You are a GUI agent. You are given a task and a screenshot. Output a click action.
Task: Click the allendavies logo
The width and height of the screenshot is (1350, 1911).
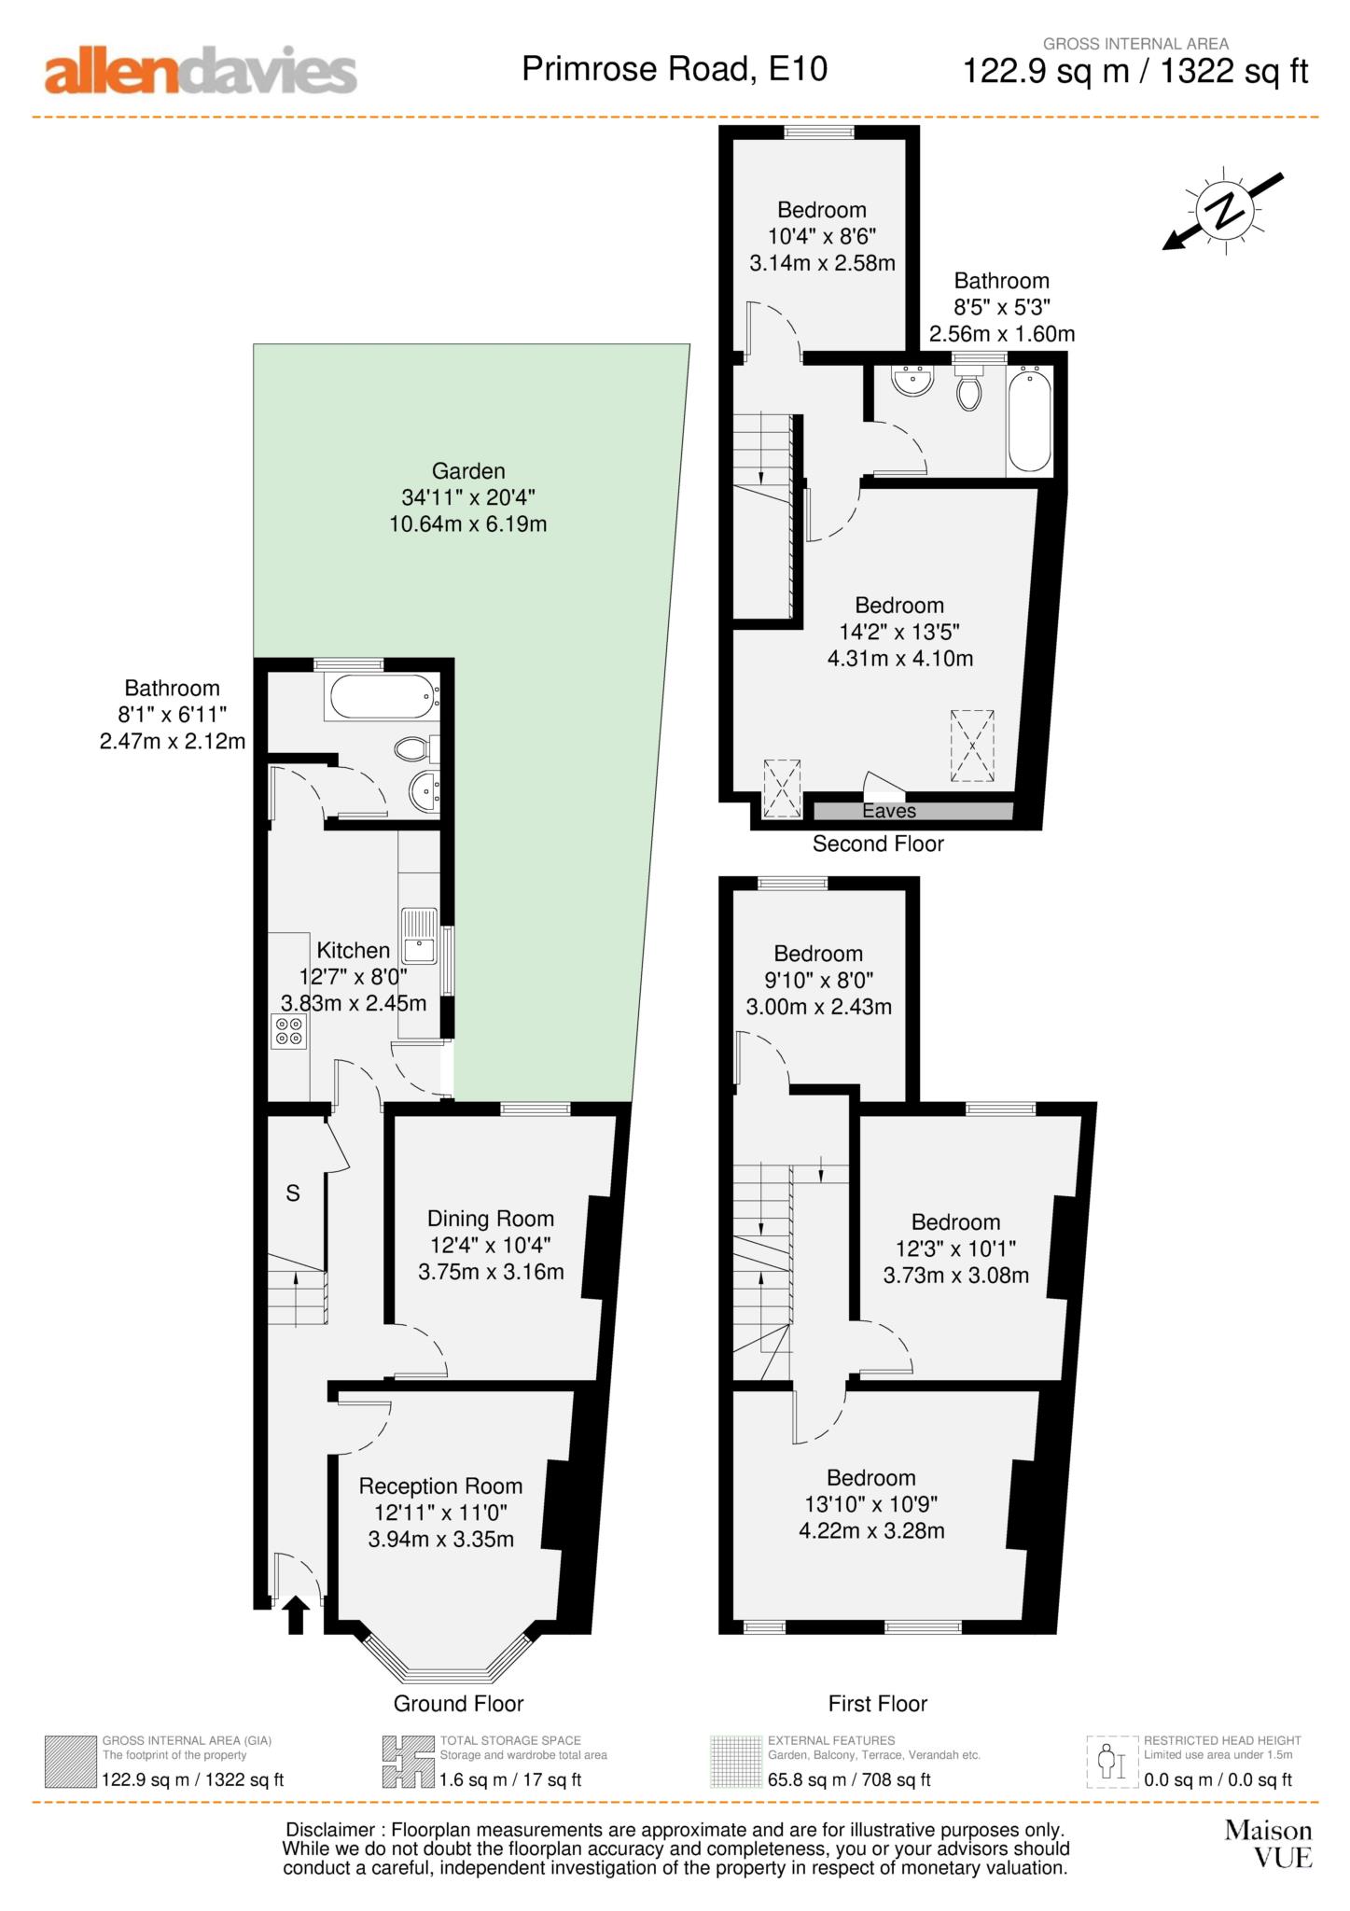coord(201,71)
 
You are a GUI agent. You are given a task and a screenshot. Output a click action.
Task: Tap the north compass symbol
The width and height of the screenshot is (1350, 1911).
coord(1223,211)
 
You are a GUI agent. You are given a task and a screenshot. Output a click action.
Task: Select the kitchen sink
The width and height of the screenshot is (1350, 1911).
coord(419,935)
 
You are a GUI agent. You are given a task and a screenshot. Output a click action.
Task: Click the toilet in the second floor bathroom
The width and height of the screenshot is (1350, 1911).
coord(969,388)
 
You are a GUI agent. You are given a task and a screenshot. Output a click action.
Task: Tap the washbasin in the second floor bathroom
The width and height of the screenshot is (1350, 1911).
coord(912,380)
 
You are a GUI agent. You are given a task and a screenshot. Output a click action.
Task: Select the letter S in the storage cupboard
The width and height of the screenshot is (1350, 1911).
coord(293,1193)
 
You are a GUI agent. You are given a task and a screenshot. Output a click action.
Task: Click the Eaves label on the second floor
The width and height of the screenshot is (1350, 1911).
coord(889,811)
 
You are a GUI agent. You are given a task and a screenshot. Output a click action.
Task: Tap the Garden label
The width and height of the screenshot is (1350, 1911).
coord(468,471)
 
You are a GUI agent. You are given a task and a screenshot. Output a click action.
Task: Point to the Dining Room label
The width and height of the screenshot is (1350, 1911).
coord(491,1219)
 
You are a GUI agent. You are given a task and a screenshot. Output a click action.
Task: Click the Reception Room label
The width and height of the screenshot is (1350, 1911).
coord(440,1486)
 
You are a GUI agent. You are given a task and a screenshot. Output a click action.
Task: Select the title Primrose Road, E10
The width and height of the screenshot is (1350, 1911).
coord(675,69)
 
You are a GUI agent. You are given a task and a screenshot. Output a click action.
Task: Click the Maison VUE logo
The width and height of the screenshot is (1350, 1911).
coord(1269,1844)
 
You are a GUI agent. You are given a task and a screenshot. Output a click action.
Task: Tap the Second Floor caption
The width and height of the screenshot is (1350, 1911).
coord(878,844)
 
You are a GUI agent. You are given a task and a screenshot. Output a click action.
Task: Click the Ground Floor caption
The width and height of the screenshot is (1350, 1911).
coord(458,1703)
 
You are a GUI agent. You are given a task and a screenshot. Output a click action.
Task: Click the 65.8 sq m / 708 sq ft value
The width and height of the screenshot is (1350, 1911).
coord(849,1779)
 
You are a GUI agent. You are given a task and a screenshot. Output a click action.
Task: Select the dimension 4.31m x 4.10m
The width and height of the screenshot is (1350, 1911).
coord(900,659)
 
